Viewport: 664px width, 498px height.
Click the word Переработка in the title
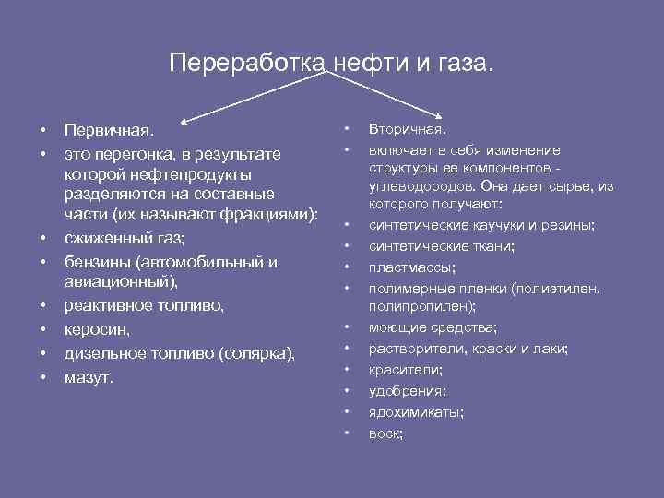(247, 63)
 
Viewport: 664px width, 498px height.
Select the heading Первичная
(103, 130)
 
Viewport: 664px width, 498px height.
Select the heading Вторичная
(408, 130)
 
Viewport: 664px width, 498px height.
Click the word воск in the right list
(385, 433)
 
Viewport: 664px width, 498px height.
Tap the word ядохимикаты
(415, 412)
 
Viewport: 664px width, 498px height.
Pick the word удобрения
(407, 391)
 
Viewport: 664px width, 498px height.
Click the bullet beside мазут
(42, 376)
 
